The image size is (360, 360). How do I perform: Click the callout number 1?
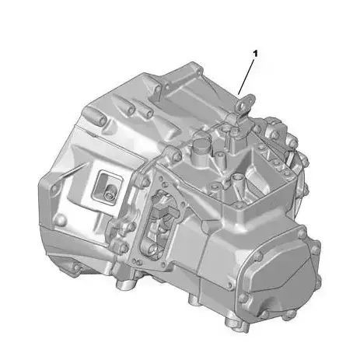click(x=253, y=54)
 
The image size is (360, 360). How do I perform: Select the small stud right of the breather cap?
click(x=222, y=141)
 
